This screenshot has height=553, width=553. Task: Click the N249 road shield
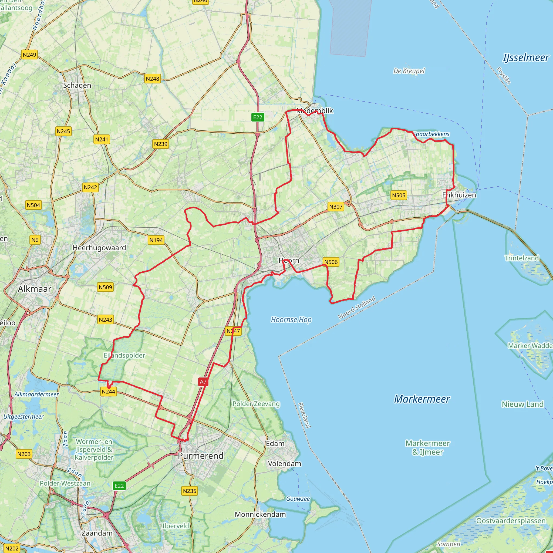(29, 55)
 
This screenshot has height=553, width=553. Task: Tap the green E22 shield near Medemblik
(257, 117)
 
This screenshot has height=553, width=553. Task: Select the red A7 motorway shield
(203, 382)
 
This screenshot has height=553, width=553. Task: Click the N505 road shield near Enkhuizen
(399, 195)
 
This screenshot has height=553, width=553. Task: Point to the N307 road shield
(335, 207)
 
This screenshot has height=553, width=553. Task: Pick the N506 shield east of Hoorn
(331, 262)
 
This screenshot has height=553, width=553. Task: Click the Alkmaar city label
(34, 289)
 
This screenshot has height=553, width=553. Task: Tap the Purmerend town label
(201, 456)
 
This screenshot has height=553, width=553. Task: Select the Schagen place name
(77, 85)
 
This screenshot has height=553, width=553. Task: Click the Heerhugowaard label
(99, 248)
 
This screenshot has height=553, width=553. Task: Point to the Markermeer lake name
(422, 399)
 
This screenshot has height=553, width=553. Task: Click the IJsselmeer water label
(526, 58)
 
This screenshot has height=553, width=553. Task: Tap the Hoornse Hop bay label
(291, 319)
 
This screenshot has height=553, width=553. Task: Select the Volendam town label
(284, 463)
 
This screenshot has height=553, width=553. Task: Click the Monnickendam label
(260, 514)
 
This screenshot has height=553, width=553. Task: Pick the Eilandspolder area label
(124, 355)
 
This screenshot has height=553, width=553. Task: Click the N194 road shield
(156, 240)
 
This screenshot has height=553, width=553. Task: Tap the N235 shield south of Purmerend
(190, 491)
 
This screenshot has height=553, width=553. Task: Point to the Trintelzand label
(521, 258)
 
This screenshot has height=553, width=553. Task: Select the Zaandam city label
(97, 533)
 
